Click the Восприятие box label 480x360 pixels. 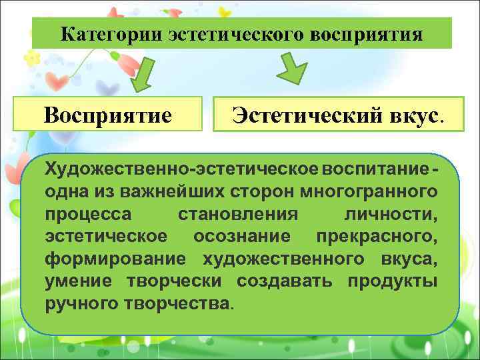108,115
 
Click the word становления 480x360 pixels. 237,214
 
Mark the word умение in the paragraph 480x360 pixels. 80,281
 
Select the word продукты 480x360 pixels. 393,281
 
